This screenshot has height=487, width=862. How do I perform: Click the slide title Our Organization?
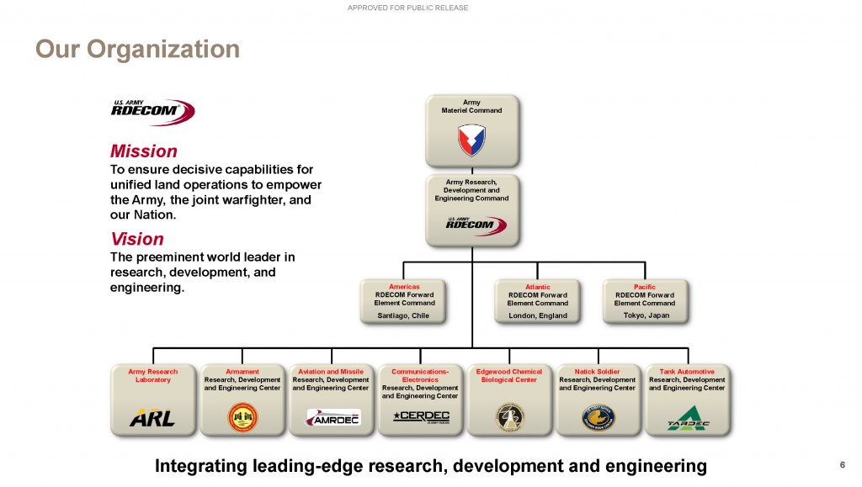[137, 49]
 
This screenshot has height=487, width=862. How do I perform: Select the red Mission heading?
[143, 151]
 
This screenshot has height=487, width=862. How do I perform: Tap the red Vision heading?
[136, 239]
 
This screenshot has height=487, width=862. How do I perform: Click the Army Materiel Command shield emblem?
[471, 140]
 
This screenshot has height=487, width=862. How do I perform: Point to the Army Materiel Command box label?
[471, 107]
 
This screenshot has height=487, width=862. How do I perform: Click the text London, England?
[538, 315]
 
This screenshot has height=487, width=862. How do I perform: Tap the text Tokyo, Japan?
[646, 315]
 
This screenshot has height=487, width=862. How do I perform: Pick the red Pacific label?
[645, 287]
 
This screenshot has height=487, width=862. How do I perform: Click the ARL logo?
[152, 418]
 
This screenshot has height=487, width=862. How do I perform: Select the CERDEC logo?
[421, 416]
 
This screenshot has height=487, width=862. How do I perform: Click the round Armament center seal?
[242, 416]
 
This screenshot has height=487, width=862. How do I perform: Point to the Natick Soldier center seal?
[599, 416]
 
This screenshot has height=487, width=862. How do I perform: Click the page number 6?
[842, 465]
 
